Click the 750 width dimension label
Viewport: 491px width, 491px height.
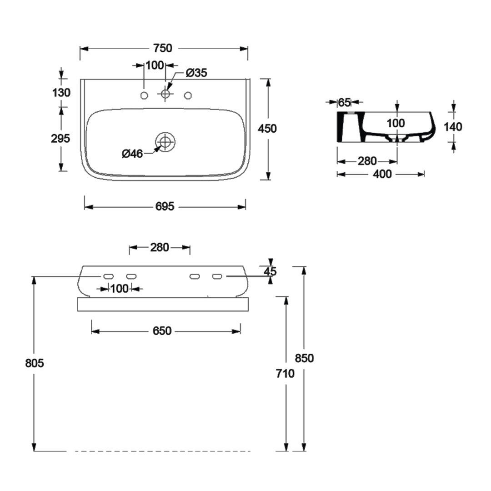pyautogui.click(x=163, y=48)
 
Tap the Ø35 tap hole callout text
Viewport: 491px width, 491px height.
pyautogui.click(x=196, y=72)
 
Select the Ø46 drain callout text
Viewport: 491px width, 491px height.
pyautogui.click(x=132, y=154)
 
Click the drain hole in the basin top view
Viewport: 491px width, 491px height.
pyautogui.click(x=165, y=142)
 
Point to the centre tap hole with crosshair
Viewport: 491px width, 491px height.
pyautogui.click(x=165, y=94)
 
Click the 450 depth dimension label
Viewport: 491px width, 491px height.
pyautogui.click(x=267, y=129)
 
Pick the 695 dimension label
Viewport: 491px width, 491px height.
pyautogui.click(x=165, y=207)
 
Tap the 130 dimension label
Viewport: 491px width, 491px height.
pyautogui.click(x=61, y=92)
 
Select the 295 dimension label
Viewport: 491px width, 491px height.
pyautogui.click(x=60, y=139)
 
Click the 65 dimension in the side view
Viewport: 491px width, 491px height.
pyautogui.click(x=344, y=102)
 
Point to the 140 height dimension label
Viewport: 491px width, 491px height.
pyautogui.click(x=453, y=126)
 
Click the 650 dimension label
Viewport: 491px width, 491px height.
pyautogui.click(x=162, y=331)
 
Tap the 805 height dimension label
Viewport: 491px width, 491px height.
pyautogui.click(x=35, y=363)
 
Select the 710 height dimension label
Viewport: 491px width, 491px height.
pyautogui.click(x=286, y=374)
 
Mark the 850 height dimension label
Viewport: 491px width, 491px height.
pyautogui.click(x=304, y=358)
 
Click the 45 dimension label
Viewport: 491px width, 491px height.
pyautogui.click(x=271, y=271)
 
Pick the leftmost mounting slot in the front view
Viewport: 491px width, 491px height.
pyautogui.click(x=109, y=276)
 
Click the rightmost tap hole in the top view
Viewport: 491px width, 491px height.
pyautogui.click(x=188, y=95)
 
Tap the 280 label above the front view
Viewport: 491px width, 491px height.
pyautogui.click(x=160, y=247)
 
